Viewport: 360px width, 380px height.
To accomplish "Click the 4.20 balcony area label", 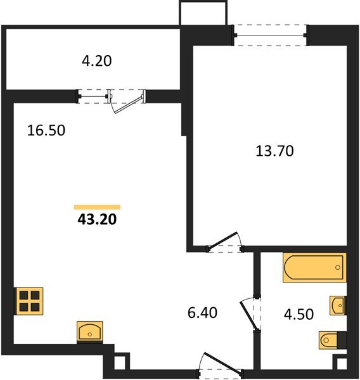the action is tap(97, 61).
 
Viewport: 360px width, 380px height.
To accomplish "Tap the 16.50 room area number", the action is tap(46, 130).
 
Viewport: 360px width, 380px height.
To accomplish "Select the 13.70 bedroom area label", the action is tap(274, 151).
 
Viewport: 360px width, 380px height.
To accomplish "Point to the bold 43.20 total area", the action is tap(97, 220).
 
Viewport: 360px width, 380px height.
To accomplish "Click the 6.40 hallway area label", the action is tap(202, 313).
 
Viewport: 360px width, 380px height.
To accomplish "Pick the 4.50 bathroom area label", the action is tap(299, 314).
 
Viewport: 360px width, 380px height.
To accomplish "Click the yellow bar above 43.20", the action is tap(97, 207).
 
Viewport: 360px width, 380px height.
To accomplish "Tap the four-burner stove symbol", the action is tap(29, 301).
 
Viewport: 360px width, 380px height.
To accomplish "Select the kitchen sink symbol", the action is tap(90, 331).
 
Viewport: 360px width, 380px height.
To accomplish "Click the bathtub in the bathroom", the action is tap(314, 267).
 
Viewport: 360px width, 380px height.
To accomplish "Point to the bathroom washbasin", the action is tap(338, 305).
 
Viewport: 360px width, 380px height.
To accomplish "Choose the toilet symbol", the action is tap(332, 340).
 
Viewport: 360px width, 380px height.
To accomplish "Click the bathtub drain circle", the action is tap(338, 267).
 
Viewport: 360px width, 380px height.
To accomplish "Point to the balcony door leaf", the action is tap(128, 105).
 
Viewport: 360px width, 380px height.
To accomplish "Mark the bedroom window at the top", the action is tap(270, 35).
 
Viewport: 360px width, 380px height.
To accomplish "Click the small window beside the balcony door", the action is tap(93, 96).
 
